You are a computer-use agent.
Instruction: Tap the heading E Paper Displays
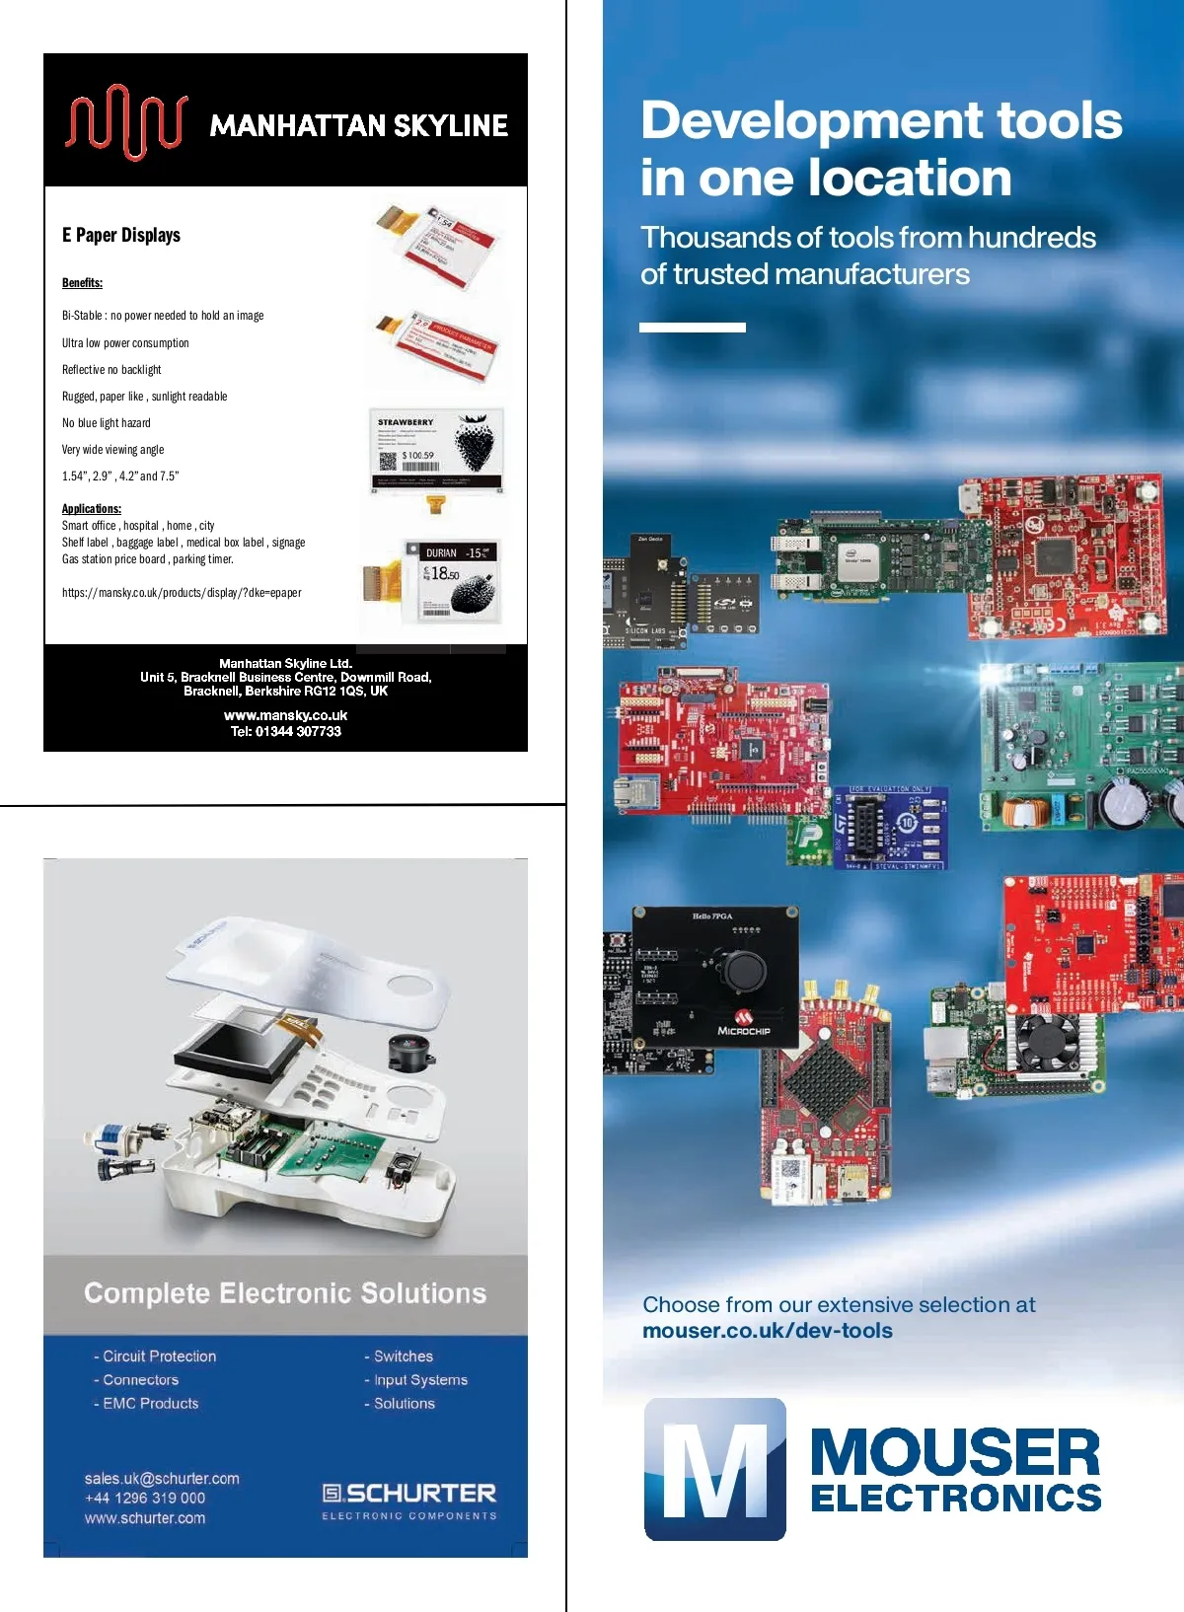[x=121, y=235]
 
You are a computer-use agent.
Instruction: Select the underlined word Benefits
[x=82, y=283]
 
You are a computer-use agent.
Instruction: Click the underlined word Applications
[x=92, y=509]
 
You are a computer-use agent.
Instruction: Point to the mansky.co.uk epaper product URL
[x=182, y=593]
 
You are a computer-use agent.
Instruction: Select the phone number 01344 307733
[x=298, y=731]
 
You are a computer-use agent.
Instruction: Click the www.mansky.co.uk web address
[x=285, y=715]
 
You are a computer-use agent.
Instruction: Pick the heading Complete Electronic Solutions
[x=285, y=1293]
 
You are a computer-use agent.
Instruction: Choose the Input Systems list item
[x=420, y=1380]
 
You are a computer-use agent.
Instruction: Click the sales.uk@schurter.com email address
[x=162, y=1479]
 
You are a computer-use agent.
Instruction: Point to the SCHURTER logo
[x=409, y=1494]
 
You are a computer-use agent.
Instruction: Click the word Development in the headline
[x=811, y=120]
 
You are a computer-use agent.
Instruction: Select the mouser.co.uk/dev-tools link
[x=768, y=1331]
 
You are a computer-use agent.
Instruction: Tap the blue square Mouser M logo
[x=715, y=1469]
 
